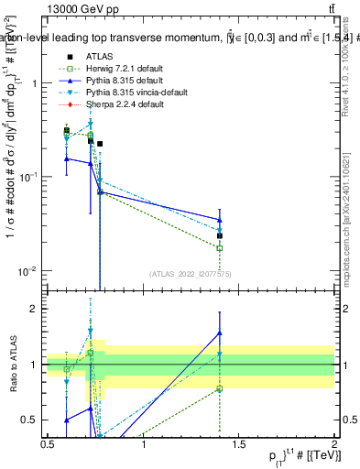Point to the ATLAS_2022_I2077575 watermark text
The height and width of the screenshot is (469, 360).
tap(191, 274)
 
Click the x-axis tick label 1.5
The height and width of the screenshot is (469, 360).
tap(240, 444)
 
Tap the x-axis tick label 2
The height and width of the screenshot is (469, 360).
tap(335, 444)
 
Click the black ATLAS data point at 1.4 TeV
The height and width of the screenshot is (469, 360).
tap(220, 235)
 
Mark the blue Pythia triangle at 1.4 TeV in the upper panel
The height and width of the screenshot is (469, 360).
tap(220, 220)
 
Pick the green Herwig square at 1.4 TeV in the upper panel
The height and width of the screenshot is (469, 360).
tap(220, 248)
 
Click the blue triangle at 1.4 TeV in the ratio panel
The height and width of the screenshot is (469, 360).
tap(220, 333)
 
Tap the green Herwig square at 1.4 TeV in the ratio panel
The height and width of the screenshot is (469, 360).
tap(220, 388)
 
